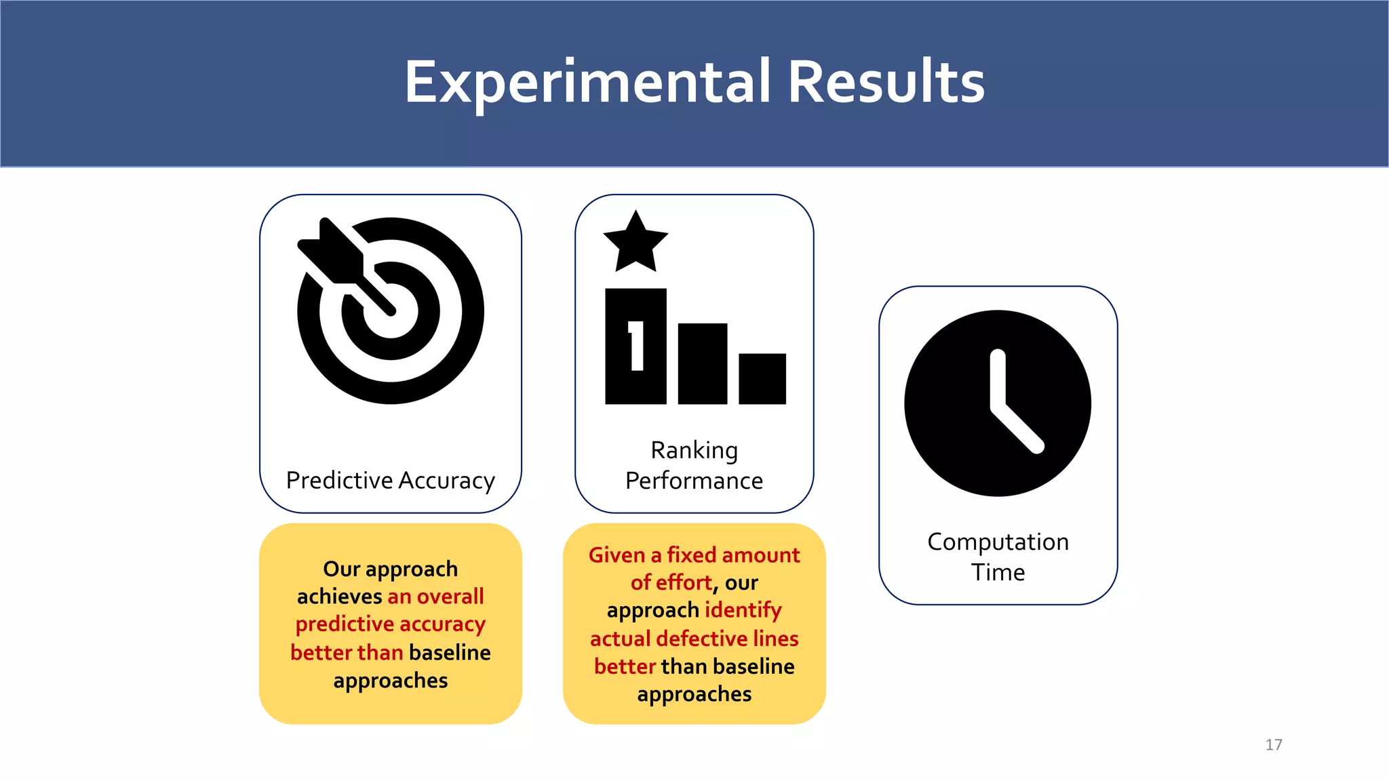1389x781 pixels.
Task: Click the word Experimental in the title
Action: [587, 83]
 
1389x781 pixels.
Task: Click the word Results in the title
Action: [886, 83]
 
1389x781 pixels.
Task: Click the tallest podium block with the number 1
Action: [635, 347]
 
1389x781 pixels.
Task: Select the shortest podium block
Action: [762, 379]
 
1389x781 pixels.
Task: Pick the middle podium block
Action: [703, 364]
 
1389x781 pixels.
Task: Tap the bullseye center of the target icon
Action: [391, 312]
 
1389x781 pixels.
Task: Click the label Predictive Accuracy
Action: [391, 480]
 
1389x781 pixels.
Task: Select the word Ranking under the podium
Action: [694, 450]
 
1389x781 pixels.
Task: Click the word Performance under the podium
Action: [694, 481]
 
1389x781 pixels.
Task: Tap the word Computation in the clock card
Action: [998, 542]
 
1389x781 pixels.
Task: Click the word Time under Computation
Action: [998, 572]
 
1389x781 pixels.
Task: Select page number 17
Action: [1274, 744]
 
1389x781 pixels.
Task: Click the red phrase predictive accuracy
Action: [391, 624]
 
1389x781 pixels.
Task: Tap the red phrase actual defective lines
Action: [694, 639]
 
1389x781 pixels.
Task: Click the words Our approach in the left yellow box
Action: [391, 569]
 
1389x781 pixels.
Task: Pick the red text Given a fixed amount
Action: [694, 555]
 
